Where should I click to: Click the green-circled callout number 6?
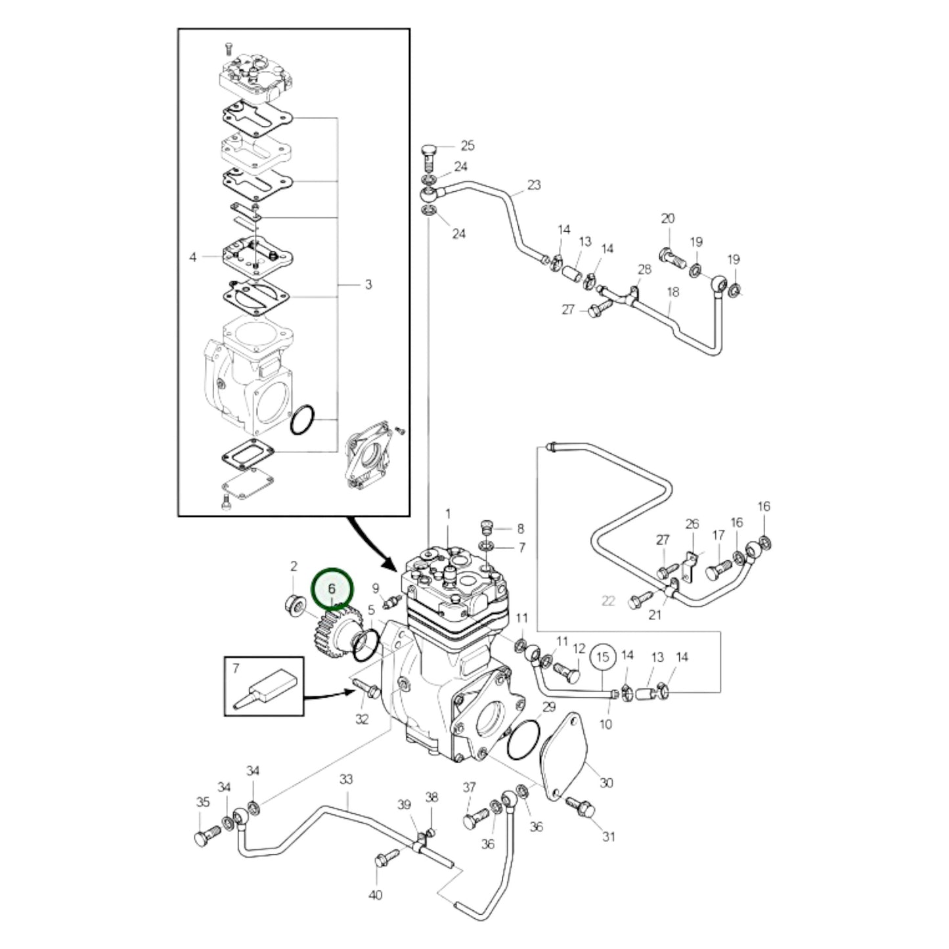click(332, 588)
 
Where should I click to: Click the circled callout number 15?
click(603, 656)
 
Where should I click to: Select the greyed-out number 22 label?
click(608, 600)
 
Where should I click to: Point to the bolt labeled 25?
click(428, 153)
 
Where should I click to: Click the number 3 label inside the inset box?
click(368, 284)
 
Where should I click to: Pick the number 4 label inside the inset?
click(193, 257)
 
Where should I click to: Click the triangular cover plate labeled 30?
click(564, 755)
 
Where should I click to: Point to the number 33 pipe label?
click(346, 780)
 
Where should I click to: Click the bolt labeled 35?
click(204, 837)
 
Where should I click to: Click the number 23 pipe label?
click(534, 185)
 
